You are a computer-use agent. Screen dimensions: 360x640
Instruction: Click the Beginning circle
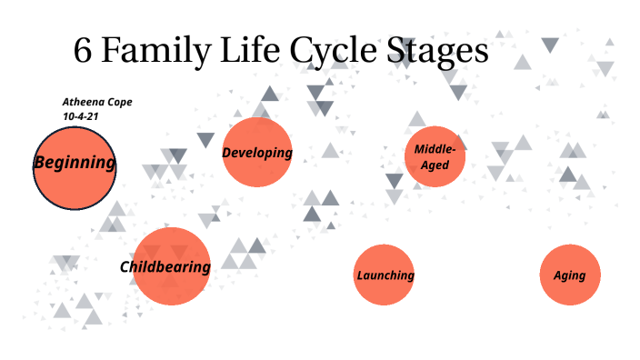(75, 182)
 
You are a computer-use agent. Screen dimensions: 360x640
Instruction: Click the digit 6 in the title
(83, 51)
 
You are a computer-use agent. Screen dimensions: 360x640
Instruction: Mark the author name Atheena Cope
(97, 102)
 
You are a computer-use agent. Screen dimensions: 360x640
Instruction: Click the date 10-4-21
(81, 116)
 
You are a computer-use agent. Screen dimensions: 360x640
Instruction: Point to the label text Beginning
(75, 164)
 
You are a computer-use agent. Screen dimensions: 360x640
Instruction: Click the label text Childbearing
(165, 266)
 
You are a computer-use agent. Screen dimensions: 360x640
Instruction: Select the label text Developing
(257, 153)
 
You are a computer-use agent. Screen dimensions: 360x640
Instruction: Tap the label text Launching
(385, 275)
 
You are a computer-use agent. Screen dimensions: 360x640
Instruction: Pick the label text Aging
(570, 275)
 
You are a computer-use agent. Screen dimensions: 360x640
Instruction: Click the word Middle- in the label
(435, 149)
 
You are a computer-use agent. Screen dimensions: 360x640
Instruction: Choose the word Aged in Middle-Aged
(435, 165)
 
